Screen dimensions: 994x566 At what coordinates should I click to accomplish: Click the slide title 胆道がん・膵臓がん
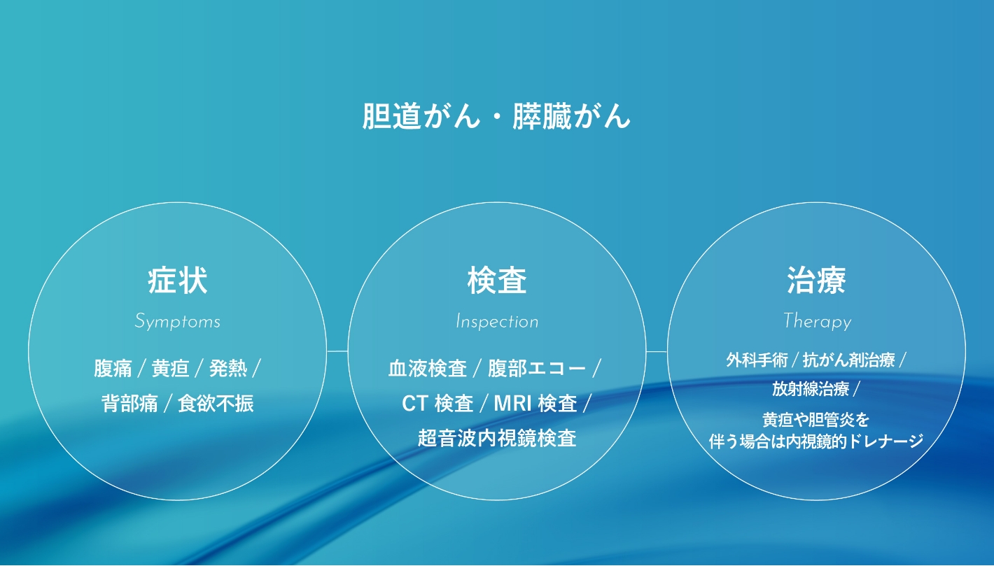click(496, 116)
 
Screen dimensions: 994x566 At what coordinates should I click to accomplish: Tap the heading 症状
click(178, 281)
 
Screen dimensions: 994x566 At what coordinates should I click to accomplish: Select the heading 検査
click(497, 281)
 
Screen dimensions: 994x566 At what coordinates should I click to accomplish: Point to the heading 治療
click(816, 281)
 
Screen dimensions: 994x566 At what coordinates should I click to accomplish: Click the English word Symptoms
click(178, 321)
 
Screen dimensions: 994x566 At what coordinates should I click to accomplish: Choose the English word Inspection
click(497, 321)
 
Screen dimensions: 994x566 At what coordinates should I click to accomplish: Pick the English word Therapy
click(818, 321)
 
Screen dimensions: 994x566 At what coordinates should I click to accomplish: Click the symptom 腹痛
click(113, 368)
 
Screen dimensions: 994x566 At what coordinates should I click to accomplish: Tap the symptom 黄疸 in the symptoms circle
click(170, 368)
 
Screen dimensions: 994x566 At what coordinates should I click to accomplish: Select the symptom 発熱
click(228, 368)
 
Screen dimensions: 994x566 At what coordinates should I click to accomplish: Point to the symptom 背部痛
click(129, 403)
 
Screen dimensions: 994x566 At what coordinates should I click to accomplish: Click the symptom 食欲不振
click(216, 403)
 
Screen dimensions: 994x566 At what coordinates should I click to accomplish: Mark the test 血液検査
click(428, 368)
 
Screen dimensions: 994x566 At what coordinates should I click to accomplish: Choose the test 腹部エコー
click(537, 368)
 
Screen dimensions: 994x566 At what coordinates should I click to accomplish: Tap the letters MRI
click(512, 404)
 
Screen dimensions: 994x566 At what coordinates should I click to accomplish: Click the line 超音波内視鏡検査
click(497, 438)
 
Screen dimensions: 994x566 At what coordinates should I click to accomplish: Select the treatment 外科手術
click(757, 360)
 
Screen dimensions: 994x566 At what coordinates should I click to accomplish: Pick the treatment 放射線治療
click(811, 389)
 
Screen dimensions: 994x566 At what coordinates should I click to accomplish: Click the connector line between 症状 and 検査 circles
click(337, 351)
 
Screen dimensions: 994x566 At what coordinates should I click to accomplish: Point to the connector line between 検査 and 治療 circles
click(657, 351)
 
